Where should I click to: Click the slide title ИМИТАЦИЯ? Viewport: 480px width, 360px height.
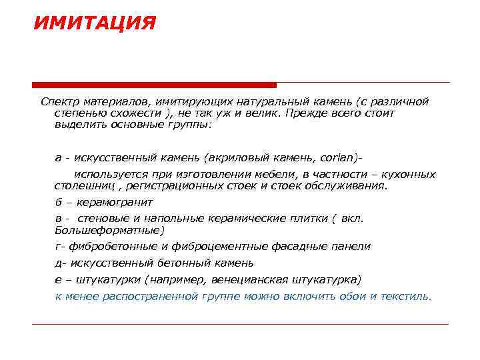coord(94,24)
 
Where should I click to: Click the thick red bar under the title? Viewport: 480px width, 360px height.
coord(154,85)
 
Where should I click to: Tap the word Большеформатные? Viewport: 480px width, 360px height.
coord(108,230)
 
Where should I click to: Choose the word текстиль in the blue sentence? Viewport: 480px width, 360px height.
coord(407,296)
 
